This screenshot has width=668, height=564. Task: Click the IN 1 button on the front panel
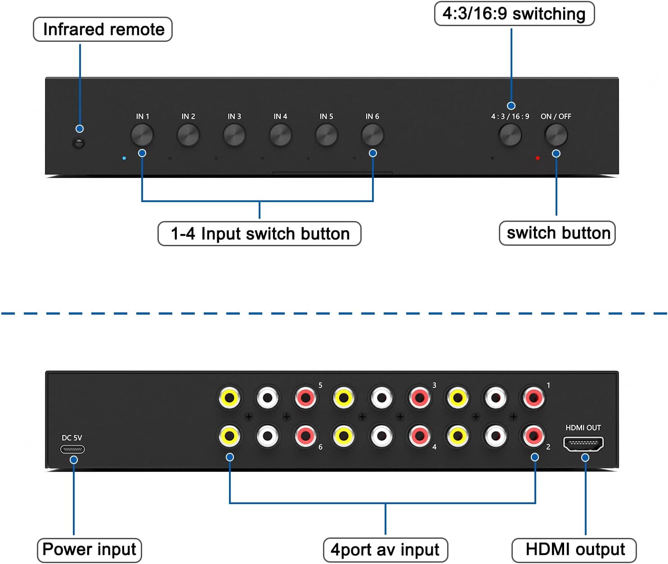[x=142, y=135]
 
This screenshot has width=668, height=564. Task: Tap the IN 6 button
[x=372, y=135]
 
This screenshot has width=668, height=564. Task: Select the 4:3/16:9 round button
[x=511, y=135]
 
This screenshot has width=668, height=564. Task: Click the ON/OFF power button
[x=556, y=135]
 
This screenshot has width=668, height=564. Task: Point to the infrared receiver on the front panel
[x=79, y=144]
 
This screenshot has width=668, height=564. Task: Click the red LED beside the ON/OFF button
[x=538, y=158]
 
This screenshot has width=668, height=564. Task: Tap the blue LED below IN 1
[x=124, y=158]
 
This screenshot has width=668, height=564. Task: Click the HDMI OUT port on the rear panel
[x=583, y=444]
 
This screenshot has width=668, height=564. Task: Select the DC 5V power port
[x=72, y=449]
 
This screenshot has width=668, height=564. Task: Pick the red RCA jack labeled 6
[x=305, y=436]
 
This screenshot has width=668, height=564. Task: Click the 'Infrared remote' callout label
[x=103, y=30]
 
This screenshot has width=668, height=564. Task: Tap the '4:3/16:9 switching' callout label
[x=514, y=14]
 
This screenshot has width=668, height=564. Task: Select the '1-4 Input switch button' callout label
[x=260, y=234]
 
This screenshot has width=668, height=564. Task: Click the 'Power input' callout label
[x=89, y=550]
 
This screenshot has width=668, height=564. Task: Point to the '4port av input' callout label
[x=386, y=550]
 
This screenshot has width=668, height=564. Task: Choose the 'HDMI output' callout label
[x=574, y=550]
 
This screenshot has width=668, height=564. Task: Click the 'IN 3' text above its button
[x=234, y=117]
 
